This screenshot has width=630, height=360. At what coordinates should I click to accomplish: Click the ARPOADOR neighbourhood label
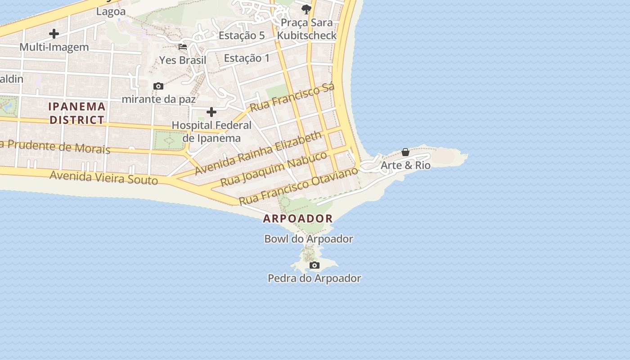(x=298, y=219)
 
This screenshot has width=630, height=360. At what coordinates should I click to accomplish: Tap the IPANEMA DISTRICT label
(x=77, y=113)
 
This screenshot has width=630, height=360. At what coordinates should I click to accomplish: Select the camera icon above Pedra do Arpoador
(x=315, y=265)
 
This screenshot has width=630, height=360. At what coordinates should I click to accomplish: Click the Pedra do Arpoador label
(x=314, y=279)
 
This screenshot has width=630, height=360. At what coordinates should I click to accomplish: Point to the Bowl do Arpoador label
(x=308, y=239)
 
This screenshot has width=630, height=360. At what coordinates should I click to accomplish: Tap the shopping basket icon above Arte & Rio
(x=405, y=153)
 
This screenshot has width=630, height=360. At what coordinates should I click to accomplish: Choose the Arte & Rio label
(x=405, y=166)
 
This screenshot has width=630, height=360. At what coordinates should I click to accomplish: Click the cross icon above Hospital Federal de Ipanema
(x=211, y=112)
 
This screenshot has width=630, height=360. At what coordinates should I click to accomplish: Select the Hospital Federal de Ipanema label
(x=211, y=131)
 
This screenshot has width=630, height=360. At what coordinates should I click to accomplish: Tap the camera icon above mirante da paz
(x=158, y=86)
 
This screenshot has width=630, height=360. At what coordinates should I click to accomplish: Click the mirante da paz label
(x=159, y=99)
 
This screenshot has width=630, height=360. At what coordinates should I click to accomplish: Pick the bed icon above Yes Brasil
(x=183, y=46)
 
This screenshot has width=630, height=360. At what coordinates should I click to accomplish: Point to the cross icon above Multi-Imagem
(x=54, y=33)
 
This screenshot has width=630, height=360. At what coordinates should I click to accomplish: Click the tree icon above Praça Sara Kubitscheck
(x=306, y=9)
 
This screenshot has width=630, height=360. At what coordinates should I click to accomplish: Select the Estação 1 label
(x=247, y=58)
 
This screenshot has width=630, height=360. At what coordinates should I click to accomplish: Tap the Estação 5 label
(x=242, y=36)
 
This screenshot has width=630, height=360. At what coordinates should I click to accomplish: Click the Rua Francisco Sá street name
(x=292, y=97)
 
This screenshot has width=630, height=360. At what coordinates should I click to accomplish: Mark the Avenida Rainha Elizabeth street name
(x=259, y=153)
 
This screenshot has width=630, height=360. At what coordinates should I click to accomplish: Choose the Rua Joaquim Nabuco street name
(x=274, y=169)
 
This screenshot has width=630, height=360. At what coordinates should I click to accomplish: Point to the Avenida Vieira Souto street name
(x=103, y=177)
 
